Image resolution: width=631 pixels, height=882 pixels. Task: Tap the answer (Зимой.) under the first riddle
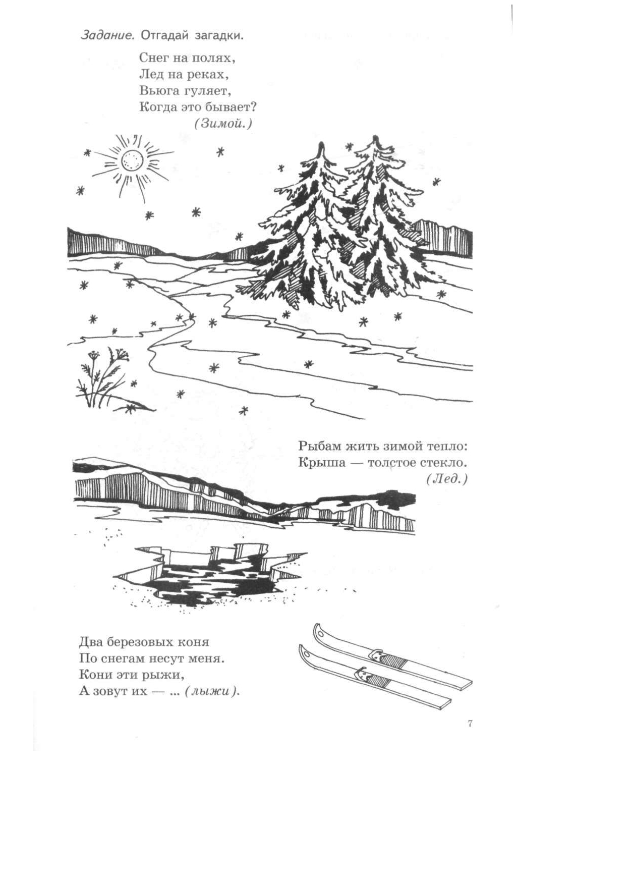coord(222,123)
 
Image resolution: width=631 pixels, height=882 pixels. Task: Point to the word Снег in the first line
coord(154,58)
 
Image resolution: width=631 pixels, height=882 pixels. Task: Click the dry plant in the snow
coord(101,377)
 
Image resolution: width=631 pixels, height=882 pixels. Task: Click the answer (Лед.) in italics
coord(447,479)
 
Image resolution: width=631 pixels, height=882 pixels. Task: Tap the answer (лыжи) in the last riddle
coord(211,691)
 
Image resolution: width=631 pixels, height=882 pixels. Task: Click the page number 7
coord(470,724)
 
